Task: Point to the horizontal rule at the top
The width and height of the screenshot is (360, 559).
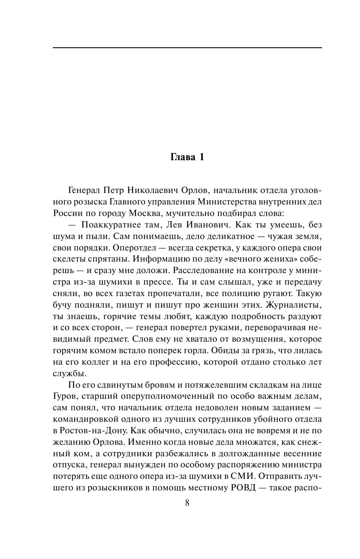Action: pyautogui.click(x=187, y=48)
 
